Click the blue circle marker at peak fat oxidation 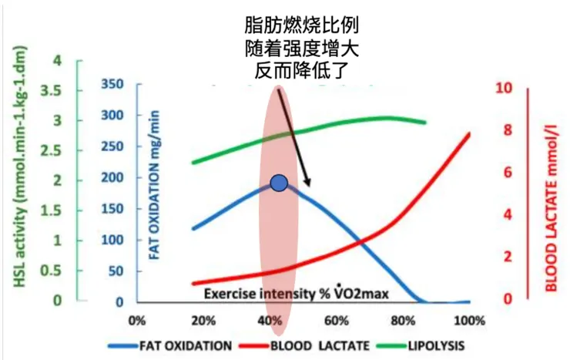coord(279,183)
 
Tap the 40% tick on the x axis coord(269,320)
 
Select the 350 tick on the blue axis coord(112,85)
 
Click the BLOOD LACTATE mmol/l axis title coord(552,206)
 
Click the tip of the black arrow coord(309,187)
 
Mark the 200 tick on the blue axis coord(112,178)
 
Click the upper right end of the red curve coord(470,133)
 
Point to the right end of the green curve coord(425,122)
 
